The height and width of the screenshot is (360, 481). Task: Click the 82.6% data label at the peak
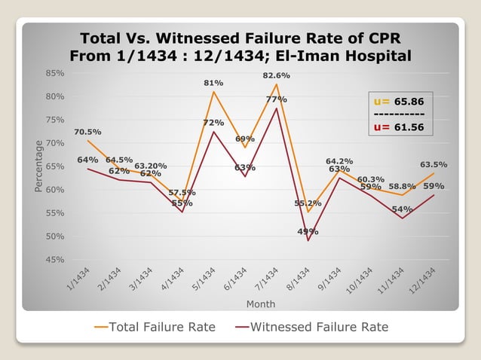[x=276, y=76]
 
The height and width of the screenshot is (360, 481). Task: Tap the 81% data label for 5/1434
[x=213, y=83]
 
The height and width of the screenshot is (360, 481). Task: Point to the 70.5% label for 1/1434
[x=87, y=133]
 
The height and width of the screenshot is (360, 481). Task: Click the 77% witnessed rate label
[x=276, y=99]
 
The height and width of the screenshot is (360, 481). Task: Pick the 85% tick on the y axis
[x=54, y=73]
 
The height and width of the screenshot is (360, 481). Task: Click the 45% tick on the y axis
[x=54, y=260]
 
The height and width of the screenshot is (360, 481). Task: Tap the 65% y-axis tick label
[x=54, y=166]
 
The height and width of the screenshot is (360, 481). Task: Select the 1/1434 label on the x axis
[x=77, y=281]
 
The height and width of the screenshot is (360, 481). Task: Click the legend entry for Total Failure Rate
[x=155, y=327]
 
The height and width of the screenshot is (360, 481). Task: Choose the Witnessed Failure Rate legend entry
[x=311, y=327]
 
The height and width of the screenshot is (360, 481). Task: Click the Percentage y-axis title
[x=38, y=166]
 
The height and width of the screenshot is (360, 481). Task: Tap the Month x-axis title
[x=260, y=304]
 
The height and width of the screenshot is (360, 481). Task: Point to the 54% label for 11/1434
[x=402, y=209]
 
